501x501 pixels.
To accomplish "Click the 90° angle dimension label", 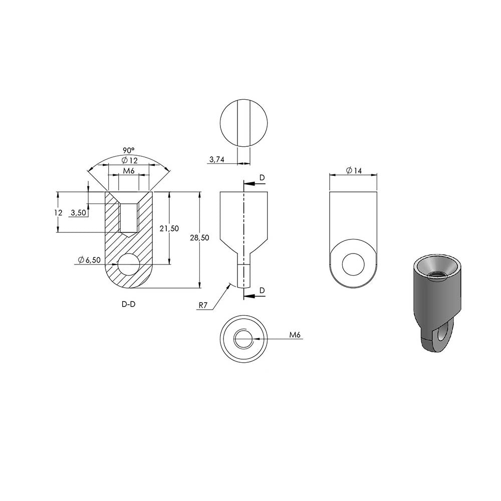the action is point(129,150).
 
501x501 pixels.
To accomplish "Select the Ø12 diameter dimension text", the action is point(129,160).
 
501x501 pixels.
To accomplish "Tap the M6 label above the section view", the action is point(129,171).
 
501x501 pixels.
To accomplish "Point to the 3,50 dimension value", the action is point(78,212).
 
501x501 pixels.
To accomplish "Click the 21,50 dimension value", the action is point(169,228).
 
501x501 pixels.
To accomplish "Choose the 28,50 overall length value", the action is point(200,237).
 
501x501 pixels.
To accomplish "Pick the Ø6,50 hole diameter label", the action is point(90,260).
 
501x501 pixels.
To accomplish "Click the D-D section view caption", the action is point(128,304).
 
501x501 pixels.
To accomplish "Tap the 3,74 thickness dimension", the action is point(217,159).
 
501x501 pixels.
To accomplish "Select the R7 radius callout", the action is point(203,306).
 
